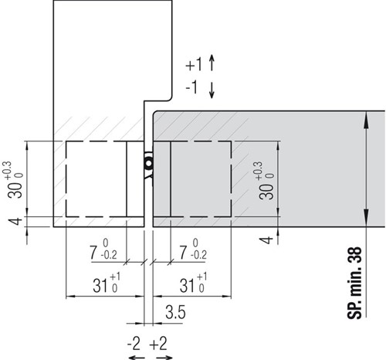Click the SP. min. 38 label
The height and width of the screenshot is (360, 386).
[354, 283]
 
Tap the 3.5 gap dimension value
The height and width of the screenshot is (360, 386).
[175, 312]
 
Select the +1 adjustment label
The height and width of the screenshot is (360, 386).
[194, 64]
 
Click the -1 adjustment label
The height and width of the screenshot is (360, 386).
[191, 87]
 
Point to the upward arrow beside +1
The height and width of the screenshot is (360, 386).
[212, 63]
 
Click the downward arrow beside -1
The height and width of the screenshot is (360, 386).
[212, 90]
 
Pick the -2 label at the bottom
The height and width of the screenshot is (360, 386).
[134, 344]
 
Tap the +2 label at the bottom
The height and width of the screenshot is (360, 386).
[158, 344]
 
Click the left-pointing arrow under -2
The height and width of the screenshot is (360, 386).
[137, 358]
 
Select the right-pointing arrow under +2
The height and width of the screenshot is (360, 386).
[164, 358]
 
